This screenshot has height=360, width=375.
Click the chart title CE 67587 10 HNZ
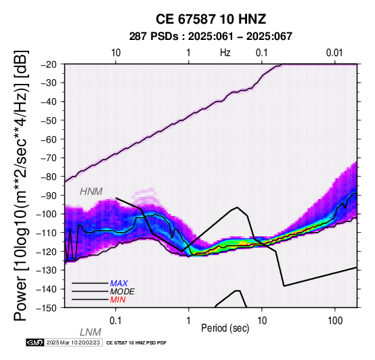click(211, 19)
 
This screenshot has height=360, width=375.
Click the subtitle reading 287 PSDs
click(154, 37)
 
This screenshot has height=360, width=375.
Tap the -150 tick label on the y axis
click(47, 308)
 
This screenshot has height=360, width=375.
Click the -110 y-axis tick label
click(47, 233)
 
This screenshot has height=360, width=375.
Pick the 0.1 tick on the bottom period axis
click(116, 321)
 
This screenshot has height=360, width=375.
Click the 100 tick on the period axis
click(335, 321)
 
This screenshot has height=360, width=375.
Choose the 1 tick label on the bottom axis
click(188, 321)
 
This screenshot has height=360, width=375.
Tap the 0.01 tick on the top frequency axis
click(334, 53)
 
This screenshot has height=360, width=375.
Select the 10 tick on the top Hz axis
click(116, 53)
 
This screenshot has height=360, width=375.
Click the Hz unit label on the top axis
click(225, 53)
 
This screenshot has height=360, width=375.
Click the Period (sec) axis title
click(225, 328)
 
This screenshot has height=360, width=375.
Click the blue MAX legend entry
click(119, 284)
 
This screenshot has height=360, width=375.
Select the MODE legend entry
click(123, 292)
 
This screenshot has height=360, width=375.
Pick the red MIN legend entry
click(118, 300)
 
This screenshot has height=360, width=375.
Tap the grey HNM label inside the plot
click(91, 192)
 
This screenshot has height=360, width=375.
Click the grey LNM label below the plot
click(91, 332)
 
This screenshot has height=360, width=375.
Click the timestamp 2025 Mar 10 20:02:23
click(73, 343)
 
